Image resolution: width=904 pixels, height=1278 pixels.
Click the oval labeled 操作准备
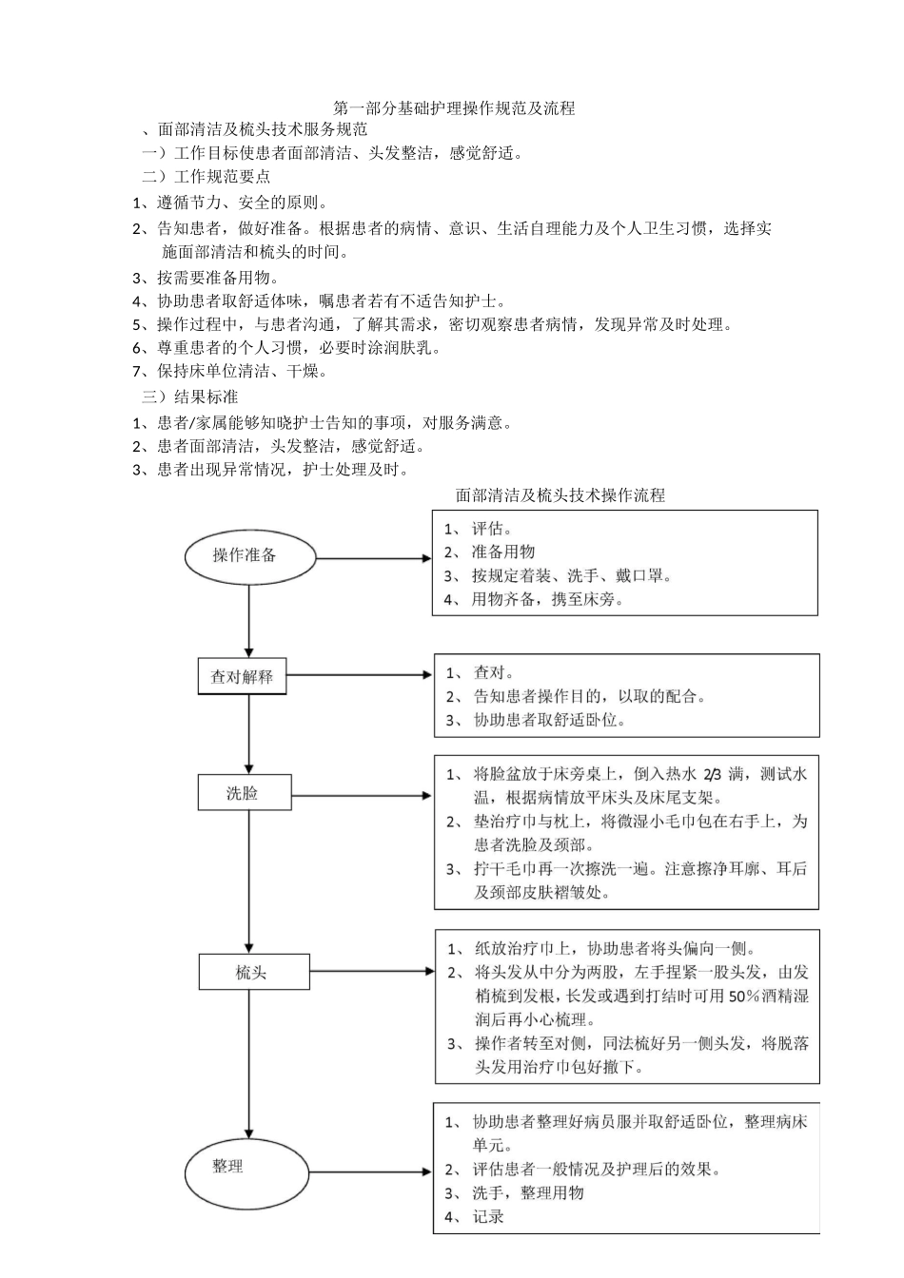248,555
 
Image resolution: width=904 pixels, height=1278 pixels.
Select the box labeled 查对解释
242,677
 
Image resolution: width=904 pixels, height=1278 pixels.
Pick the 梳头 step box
253,972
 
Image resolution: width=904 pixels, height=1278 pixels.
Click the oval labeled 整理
247,1166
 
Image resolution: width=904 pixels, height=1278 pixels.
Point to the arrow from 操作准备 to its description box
373,559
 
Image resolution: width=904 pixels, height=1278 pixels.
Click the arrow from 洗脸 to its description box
362,794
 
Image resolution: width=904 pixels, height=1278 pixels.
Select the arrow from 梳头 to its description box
371,972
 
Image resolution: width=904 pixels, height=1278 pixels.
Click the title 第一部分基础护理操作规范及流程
454,108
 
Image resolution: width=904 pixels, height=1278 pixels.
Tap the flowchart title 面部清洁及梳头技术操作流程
560,494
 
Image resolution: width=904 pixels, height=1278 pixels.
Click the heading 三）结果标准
190,397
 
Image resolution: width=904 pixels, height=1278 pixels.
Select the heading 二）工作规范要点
206,176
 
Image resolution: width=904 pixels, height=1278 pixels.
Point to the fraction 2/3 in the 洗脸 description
714,774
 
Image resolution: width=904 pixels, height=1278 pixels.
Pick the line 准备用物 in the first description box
502,552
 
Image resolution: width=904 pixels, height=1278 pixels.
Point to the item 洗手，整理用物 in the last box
527,1192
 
